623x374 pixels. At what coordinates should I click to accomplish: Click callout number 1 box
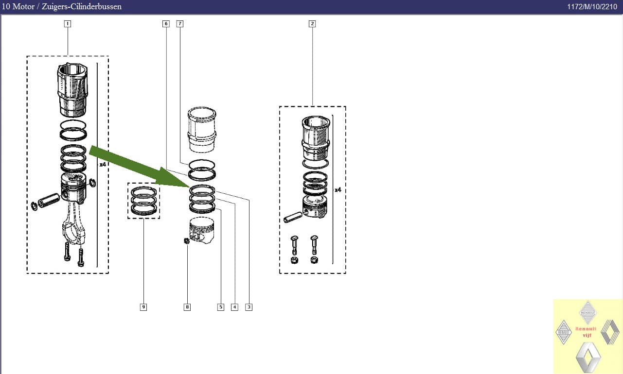coord(68,23)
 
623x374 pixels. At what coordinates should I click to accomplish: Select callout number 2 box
coord(312,23)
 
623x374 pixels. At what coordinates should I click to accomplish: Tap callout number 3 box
coord(249,307)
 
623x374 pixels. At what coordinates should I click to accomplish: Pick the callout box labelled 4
coord(234,307)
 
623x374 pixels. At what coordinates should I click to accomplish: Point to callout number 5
coord(221,307)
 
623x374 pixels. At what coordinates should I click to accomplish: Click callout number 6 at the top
coord(166,23)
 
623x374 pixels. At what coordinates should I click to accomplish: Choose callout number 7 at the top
coord(180,23)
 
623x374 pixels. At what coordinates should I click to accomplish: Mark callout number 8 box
coord(187,307)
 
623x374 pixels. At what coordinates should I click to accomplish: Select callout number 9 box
coord(143,307)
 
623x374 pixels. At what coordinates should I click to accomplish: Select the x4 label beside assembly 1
coord(103,165)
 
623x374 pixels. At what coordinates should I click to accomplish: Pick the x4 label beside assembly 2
coord(338,190)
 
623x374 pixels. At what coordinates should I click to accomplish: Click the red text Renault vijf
coord(586,331)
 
